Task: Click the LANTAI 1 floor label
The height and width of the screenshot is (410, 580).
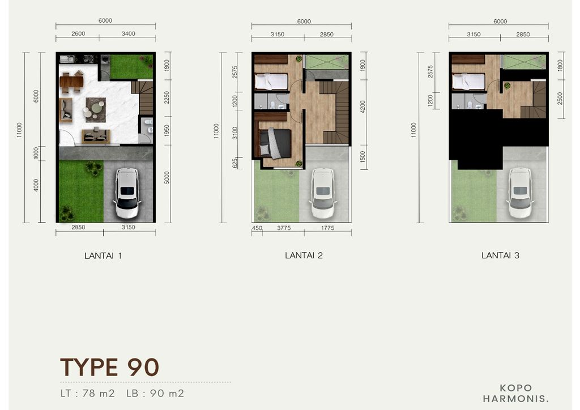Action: [103, 255]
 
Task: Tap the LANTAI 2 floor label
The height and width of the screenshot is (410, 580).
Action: [304, 255]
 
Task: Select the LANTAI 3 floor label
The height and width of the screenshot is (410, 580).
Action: [500, 255]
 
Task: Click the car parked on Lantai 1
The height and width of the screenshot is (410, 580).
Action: [127, 194]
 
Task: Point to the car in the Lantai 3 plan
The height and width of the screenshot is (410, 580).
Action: [519, 193]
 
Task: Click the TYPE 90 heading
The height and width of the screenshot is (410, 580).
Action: [109, 368]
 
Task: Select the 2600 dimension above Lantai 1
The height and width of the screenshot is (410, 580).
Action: [78, 34]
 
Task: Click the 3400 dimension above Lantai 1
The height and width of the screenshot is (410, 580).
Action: [129, 34]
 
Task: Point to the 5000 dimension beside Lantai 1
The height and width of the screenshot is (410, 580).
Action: [167, 177]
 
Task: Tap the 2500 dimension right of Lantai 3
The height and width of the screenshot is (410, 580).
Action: [560, 97]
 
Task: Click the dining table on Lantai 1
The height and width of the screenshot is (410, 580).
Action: [71, 82]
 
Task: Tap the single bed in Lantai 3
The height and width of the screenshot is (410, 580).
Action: [468, 82]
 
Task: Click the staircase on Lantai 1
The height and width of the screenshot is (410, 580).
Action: [145, 97]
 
